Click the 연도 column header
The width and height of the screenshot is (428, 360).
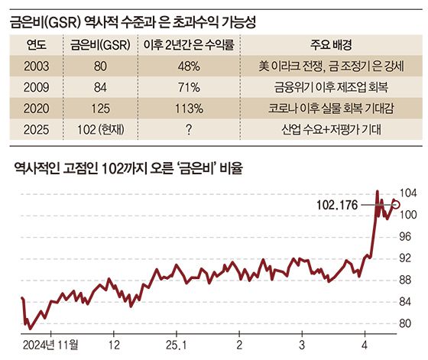(37, 45)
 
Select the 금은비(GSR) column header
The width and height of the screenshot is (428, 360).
(100, 45)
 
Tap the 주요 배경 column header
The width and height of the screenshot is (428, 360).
(332, 45)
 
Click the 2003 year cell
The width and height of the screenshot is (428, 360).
(37, 66)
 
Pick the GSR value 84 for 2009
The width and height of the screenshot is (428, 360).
(100, 87)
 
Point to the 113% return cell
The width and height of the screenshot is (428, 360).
(190, 109)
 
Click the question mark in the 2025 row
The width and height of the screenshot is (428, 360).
(189, 130)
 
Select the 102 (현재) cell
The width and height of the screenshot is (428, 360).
(101, 130)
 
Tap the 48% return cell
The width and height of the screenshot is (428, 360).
(190, 66)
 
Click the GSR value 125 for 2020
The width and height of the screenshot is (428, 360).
(100, 109)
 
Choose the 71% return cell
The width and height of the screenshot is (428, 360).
(190, 87)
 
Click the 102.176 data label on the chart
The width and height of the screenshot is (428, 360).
(337, 206)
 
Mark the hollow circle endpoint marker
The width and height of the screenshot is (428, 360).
(397, 204)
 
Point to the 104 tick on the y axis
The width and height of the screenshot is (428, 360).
(408, 193)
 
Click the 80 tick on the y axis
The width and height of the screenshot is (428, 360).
(405, 324)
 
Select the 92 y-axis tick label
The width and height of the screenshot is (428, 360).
(405, 258)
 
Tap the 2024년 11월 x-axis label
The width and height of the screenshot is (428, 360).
(50, 345)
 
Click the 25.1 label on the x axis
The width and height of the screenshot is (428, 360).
(177, 345)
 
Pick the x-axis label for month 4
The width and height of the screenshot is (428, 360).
(365, 345)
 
